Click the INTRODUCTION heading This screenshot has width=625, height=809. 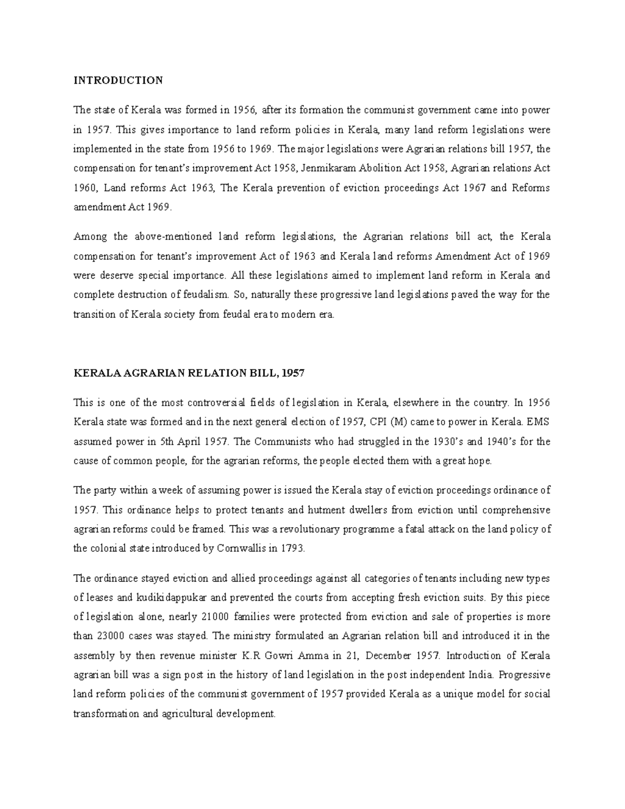point(118,80)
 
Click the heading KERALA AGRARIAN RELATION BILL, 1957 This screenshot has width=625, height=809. point(189,373)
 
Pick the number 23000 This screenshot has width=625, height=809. point(113,636)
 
